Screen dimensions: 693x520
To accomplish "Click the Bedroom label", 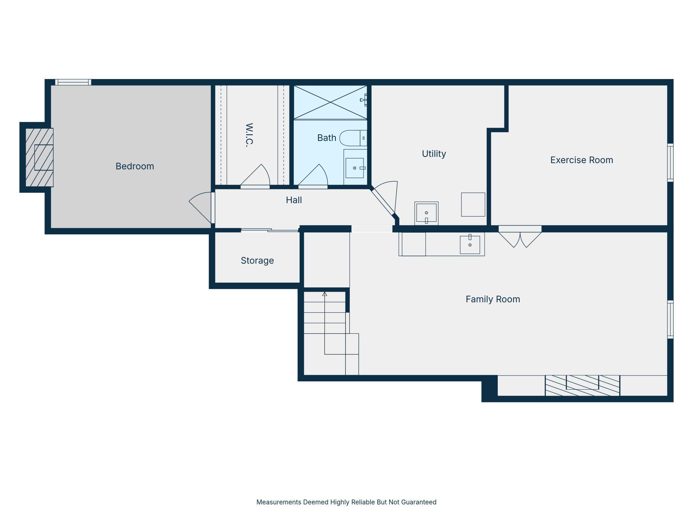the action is pyautogui.click(x=135, y=166).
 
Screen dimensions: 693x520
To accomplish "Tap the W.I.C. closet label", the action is pyautogui.click(x=249, y=135).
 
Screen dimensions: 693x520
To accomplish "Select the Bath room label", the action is pyautogui.click(x=327, y=138).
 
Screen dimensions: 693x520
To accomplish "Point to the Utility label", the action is pyautogui.click(x=434, y=154).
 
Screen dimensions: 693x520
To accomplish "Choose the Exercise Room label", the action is pyautogui.click(x=581, y=160).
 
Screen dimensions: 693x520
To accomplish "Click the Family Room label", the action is pyautogui.click(x=493, y=299).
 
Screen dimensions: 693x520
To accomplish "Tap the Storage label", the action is pyautogui.click(x=257, y=260).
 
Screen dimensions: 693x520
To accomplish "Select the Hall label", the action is pyautogui.click(x=294, y=200).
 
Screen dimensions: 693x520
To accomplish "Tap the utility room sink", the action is pyautogui.click(x=426, y=213).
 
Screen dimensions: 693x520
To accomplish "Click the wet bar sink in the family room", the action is pyautogui.click(x=470, y=244).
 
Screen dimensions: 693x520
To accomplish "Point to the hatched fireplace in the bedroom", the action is pyautogui.click(x=39, y=157).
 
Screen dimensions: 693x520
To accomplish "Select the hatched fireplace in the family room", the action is pyautogui.click(x=582, y=386).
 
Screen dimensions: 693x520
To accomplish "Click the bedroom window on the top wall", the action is pyautogui.click(x=73, y=82).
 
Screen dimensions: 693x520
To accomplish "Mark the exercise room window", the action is pyautogui.click(x=670, y=163).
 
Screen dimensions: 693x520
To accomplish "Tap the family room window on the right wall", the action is pyautogui.click(x=670, y=320).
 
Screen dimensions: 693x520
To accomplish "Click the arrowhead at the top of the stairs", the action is pyautogui.click(x=325, y=294).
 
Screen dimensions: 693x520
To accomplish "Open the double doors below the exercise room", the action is pyautogui.click(x=520, y=237).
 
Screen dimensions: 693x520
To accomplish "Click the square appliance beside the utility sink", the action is pyautogui.click(x=473, y=204).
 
